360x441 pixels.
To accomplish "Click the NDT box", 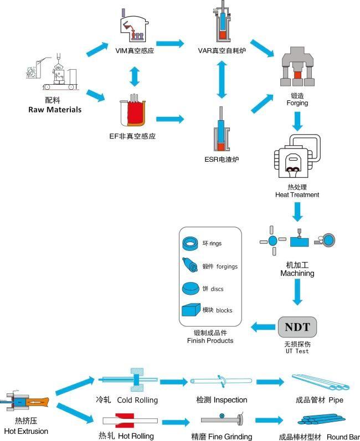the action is click(297, 327).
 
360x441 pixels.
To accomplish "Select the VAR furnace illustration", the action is click(222, 21).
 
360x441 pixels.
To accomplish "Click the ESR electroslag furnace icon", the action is click(222, 129).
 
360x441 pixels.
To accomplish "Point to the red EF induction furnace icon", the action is click(133, 110).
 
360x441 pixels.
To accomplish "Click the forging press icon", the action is click(297, 66).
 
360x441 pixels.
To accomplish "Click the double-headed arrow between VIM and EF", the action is click(135, 76).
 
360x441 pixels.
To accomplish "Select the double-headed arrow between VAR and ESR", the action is click(222, 80).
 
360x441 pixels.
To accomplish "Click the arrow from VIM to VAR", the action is click(170, 43).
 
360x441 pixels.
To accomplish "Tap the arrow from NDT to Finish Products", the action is click(263, 327).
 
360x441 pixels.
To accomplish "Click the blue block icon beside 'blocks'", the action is click(191, 310).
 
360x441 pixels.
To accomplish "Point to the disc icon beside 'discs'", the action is click(191, 288).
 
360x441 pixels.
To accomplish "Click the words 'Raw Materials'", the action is click(55, 109).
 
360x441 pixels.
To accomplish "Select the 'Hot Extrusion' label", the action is click(26, 431).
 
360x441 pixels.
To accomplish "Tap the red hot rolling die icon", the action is click(125, 420).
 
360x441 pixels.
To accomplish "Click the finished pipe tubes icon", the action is click(320, 382).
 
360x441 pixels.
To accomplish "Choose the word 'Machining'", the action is click(297, 273).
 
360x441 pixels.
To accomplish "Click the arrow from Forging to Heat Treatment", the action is click(297, 121).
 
